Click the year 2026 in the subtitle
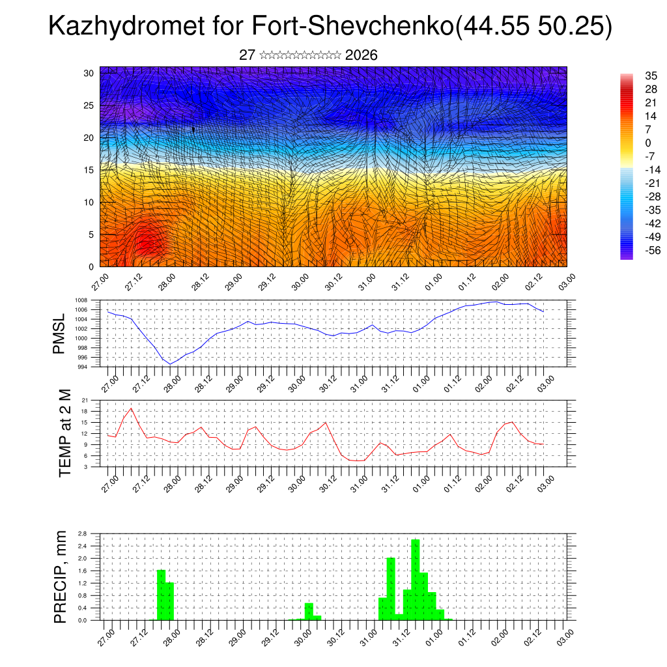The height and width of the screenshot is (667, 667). pyautogui.click(x=362, y=55)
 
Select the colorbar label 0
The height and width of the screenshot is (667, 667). pyautogui.click(x=647, y=143)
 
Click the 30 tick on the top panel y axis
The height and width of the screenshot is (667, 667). pyautogui.click(x=89, y=73)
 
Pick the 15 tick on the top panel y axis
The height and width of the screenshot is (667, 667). pyautogui.click(x=89, y=170)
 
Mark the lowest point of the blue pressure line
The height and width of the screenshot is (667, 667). pyautogui.click(x=170, y=364)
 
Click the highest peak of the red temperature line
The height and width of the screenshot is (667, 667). pyautogui.click(x=132, y=408)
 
